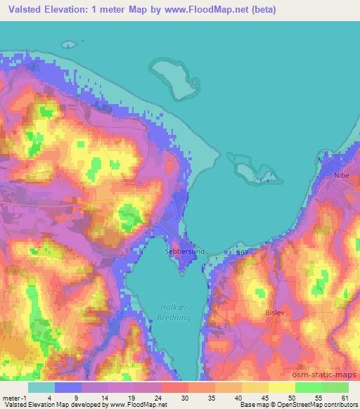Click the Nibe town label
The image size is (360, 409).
tap(341, 174)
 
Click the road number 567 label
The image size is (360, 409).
tap(241, 252)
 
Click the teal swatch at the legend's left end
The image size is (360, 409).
tap(41, 387)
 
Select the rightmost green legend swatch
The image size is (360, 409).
tap(335, 387)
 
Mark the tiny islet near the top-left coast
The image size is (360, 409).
tap(68, 44)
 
